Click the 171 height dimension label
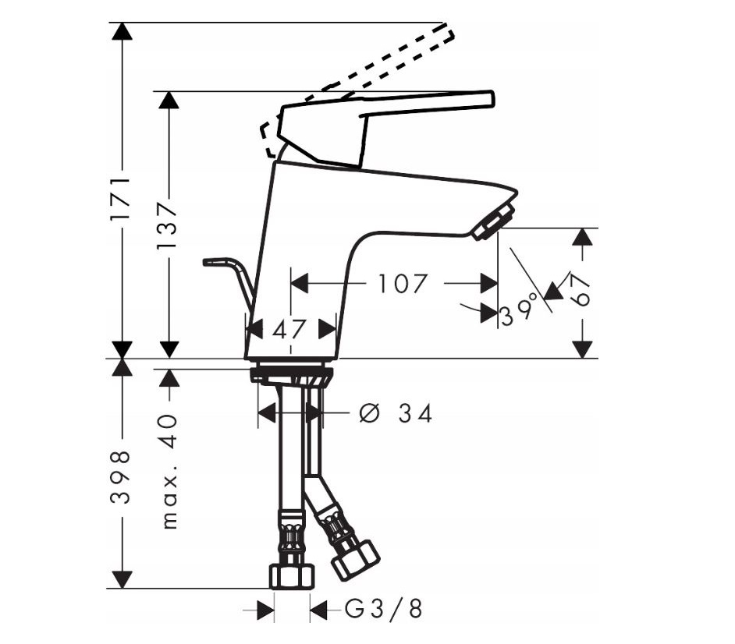[120, 198]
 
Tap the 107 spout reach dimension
[403, 283]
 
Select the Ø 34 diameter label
[396, 413]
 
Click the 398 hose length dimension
[120, 478]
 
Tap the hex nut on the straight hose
[292, 576]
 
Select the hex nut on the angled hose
[355, 561]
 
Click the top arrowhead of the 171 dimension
[122, 32]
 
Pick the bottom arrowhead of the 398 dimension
[122, 580]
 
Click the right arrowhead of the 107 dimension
[489, 283]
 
